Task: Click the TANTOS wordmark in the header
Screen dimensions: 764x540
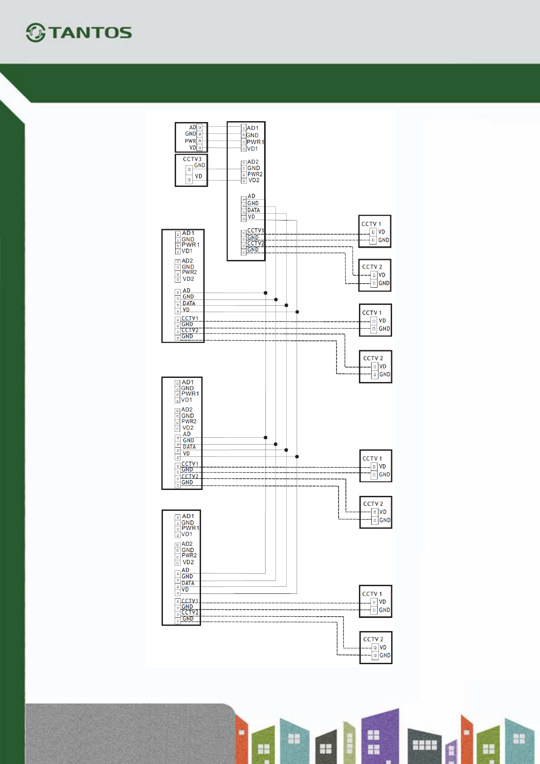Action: point(90,33)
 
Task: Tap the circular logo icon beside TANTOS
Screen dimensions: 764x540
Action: point(35,33)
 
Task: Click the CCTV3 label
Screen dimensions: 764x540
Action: point(192,159)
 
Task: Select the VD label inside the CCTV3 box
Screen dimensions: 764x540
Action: point(199,176)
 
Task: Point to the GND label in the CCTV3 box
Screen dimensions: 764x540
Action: point(200,166)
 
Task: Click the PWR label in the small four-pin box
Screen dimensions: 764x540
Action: point(190,141)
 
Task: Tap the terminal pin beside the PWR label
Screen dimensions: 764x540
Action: point(200,141)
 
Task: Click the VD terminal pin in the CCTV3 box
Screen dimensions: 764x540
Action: point(189,180)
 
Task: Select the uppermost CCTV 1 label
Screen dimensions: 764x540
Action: point(371,224)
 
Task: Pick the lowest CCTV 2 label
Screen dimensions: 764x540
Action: point(373,639)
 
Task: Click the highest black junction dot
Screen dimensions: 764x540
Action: point(265,293)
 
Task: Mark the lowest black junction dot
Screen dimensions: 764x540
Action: point(297,456)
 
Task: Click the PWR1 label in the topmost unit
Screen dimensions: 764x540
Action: point(255,142)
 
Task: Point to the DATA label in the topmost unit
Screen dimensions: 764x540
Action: point(254,211)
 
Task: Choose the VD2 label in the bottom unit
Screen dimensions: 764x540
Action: point(188,562)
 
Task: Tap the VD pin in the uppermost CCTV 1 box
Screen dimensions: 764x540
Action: point(373,232)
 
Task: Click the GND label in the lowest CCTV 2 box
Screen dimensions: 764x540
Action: point(385,656)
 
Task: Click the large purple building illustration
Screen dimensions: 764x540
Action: point(380,735)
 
